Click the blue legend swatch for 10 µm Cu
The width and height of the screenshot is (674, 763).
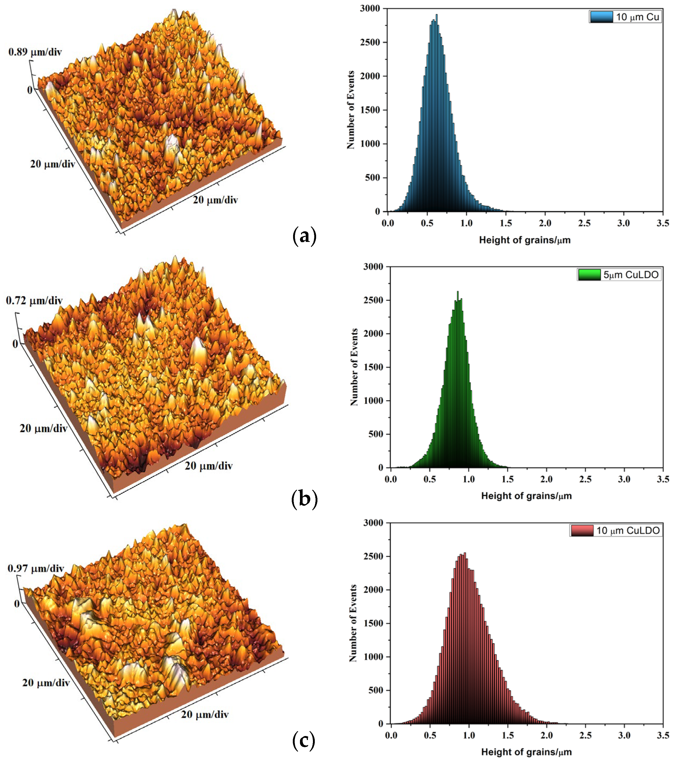[x=602, y=17]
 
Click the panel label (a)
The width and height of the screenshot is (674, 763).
[x=304, y=236]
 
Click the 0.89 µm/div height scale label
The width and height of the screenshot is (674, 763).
[x=35, y=52]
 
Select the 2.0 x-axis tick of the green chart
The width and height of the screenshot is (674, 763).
[x=546, y=479]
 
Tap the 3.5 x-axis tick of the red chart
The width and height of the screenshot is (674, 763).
[x=663, y=736]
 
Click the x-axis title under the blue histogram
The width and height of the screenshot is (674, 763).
[x=525, y=240]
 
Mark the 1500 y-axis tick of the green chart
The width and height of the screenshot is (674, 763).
[x=372, y=367]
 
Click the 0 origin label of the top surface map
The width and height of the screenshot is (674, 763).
[x=30, y=90]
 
